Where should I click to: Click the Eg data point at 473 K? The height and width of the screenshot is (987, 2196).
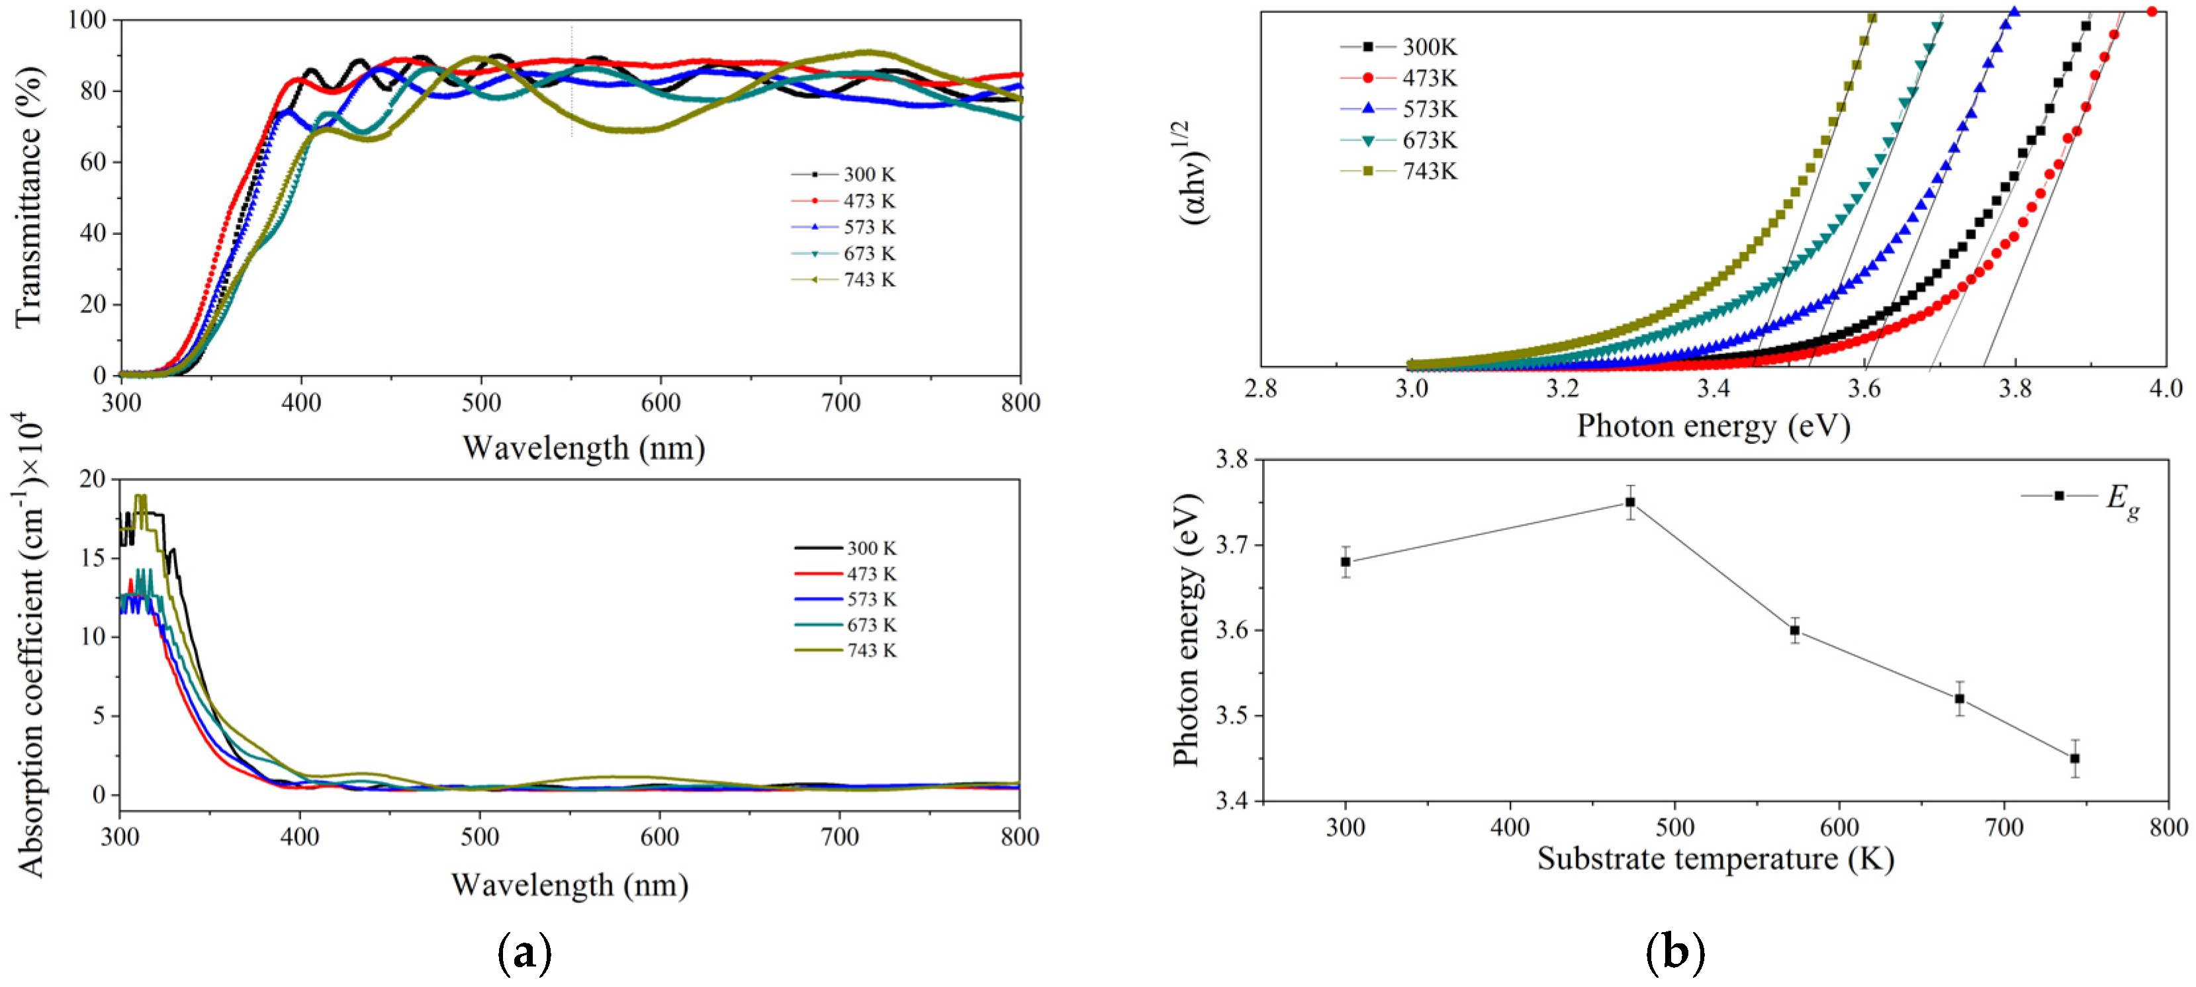(1630, 502)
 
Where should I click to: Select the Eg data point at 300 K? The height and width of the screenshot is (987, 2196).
(1346, 562)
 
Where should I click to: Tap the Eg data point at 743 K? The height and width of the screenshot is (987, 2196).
(2074, 757)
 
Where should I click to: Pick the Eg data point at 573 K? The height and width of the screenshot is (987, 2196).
(1794, 630)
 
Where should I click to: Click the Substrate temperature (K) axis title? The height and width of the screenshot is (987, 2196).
(1716, 858)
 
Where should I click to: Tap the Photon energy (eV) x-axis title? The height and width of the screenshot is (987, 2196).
(1713, 425)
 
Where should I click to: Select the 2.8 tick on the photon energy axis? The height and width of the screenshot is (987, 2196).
(1261, 390)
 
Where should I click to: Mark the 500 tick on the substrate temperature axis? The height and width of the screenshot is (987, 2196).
(1674, 828)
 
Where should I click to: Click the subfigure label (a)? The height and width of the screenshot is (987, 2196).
(524, 953)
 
